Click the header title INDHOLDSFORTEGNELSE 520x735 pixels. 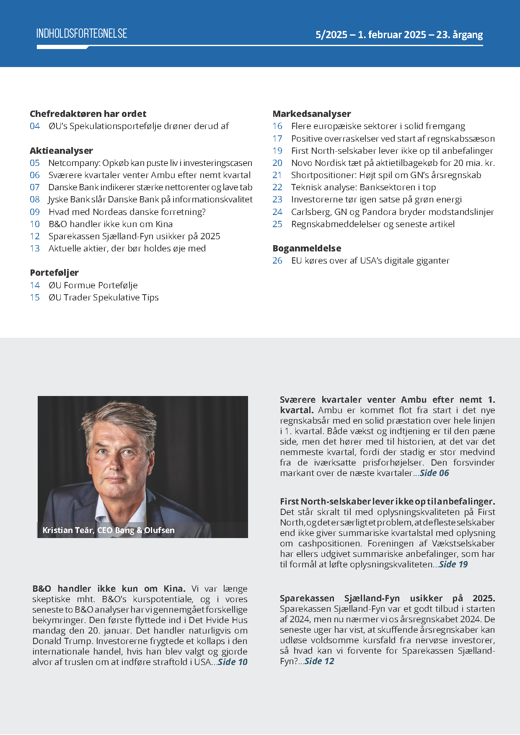click(x=82, y=34)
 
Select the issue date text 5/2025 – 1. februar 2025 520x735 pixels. click(x=371, y=35)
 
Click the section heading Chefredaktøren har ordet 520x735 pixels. click(x=88, y=114)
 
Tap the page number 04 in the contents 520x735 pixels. click(x=35, y=126)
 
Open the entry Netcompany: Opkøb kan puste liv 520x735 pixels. click(x=150, y=163)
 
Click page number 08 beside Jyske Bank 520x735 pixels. click(x=35, y=199)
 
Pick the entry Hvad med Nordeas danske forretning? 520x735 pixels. click(x=127, y=212)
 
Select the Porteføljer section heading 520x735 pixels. click(x=54, y=273)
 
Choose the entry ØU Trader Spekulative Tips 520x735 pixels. click(x=103, y=298)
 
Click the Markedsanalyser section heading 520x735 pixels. click(x=312, y=114)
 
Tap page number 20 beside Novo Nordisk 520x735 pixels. click(x=277, y=163)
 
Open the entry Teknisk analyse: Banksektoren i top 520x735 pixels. click(x=363, y=187)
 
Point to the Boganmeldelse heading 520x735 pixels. click(x=307, y=248)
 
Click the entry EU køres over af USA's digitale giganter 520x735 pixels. click(x=370, y=261)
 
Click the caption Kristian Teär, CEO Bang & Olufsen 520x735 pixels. click(x=109, y=530)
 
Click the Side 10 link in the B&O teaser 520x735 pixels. click(x=233, y=662)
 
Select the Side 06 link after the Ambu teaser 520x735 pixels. click(x=434, y=473)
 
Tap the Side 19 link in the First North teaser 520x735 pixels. click(x=453, y=564)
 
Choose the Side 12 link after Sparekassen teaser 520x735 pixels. click(x=319, y=661)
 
